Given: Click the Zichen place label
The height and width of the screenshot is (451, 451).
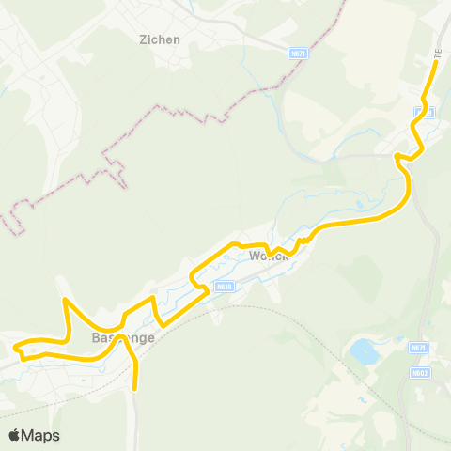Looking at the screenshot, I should (159, 39).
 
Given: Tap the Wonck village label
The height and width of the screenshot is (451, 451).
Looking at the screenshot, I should (268, 256).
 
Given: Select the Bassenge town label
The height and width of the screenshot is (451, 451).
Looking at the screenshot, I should (123, 336).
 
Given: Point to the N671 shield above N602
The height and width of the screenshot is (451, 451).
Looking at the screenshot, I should (418, 347).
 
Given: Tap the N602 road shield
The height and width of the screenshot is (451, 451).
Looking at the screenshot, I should (419, 372).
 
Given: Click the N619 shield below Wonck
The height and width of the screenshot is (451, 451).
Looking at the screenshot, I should (223, 287).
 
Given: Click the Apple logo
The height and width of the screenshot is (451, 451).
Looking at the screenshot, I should (16, 435).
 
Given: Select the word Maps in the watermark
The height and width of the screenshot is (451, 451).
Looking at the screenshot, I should (41, 435).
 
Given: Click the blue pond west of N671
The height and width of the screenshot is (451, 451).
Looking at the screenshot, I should (363, 352).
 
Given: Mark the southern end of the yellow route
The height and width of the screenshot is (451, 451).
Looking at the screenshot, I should (136, 387).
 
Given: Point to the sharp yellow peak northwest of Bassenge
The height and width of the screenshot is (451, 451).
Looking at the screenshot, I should (64, 300).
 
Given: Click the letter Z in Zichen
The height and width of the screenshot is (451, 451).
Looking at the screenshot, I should (143, 39).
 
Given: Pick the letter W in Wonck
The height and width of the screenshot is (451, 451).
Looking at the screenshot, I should (255, 256).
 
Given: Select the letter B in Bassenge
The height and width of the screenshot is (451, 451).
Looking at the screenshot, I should (96, 336).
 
